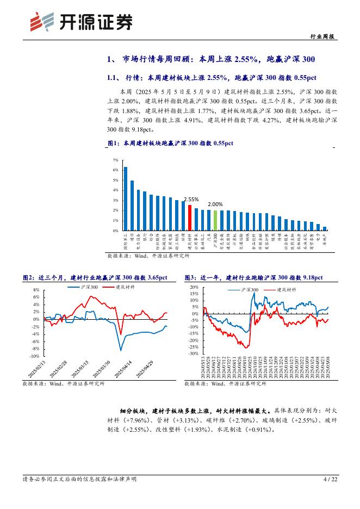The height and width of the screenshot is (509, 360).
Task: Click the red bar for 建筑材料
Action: tap(190, 218)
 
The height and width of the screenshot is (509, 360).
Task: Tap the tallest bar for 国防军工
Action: tap(126, 198)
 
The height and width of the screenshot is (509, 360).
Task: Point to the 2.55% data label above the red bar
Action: tap(191, 200)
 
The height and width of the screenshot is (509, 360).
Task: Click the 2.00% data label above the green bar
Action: tap(215, 204)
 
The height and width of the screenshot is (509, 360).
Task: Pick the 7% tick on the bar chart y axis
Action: tap(115, 160)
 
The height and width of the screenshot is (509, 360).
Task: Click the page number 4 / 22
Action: tap(330, 479)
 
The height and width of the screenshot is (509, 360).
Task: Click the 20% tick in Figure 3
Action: tap(194, 287)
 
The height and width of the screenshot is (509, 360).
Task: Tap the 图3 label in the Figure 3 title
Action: tap(191, 277)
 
